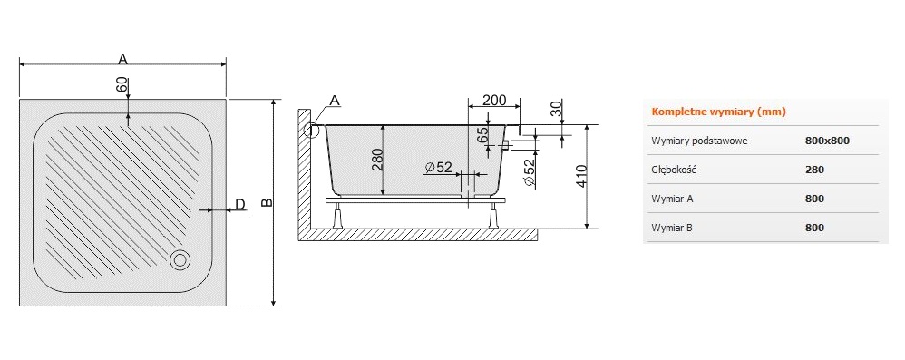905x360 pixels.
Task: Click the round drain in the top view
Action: click(x=180, y=260)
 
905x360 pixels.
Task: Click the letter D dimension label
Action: click(x=240, y=204)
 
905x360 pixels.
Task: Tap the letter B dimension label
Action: click(x=266, y=202)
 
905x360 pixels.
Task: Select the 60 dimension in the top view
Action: click(x=122, y=85)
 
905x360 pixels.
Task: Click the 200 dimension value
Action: click(x=494, y=100)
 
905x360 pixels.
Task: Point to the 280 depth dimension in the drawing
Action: click(x=377, y=160)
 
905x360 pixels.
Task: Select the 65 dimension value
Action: click(x=483, y=135)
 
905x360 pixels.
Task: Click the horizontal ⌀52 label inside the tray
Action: click(x=438, y=168)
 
